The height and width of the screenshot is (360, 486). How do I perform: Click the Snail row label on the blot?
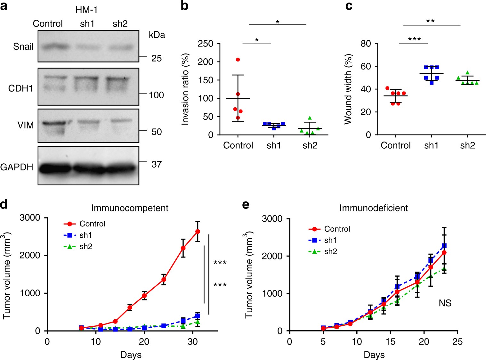23,47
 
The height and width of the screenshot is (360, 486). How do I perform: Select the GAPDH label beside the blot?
17,167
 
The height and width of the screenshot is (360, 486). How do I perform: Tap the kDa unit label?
157,35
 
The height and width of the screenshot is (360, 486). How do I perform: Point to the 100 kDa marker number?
156,95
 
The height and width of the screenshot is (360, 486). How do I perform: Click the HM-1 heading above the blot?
86,10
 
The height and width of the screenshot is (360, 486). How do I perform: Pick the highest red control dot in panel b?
238,60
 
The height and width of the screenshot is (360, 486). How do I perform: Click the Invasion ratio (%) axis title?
185,89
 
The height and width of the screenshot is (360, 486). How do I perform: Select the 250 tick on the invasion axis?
206,44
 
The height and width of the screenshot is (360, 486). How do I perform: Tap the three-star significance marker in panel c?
414,40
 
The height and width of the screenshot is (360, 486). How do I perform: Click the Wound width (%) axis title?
348,89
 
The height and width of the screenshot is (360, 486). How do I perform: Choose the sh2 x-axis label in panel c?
467,145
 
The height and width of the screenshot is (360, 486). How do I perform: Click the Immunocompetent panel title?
130,208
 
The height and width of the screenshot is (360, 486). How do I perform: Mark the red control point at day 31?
198,232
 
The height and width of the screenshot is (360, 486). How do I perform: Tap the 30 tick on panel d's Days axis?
192,342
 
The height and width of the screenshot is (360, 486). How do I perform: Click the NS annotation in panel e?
445,303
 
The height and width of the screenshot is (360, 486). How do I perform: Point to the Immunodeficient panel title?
374,208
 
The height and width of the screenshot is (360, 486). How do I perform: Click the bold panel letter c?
349,6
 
